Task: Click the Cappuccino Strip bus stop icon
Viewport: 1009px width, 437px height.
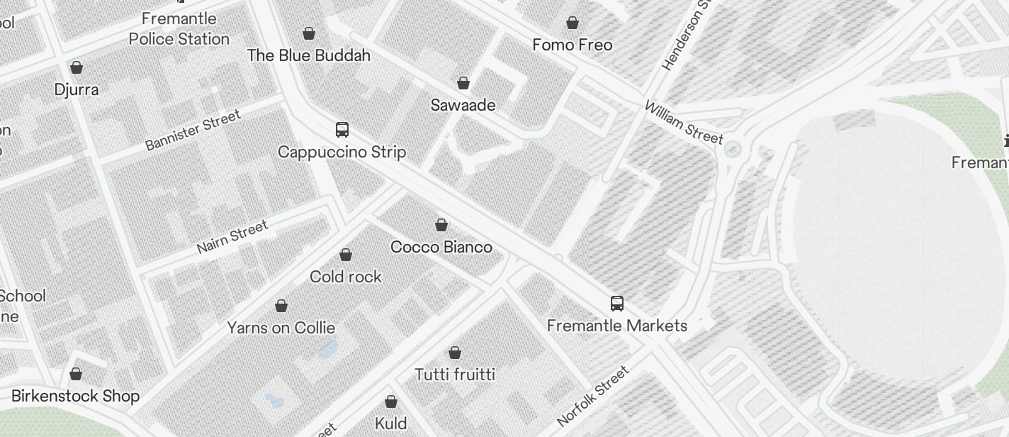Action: click(x=342, y=130)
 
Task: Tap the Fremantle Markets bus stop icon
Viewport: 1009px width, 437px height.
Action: click(x=617, y=304)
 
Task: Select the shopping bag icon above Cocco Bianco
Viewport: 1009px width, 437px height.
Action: click(x=441, y=225)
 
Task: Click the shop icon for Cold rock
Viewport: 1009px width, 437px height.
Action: click(x=346, y=255)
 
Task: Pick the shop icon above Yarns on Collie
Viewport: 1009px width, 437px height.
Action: click(x=281, y=306)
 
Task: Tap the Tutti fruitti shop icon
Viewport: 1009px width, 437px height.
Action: click(x=455, y=353)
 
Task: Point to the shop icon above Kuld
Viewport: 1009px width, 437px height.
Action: click(x=391, y=402)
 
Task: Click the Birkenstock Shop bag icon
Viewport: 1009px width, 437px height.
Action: click(x=76, y=374)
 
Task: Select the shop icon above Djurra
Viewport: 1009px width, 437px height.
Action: click(x=77, y=67)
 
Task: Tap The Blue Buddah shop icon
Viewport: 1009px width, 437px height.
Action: click(x=309, y=33)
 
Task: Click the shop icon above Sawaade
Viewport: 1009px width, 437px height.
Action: click(x=463, y=84)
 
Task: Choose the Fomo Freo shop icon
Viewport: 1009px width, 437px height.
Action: click(x=573, y=23)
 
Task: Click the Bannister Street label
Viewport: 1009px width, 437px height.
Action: click(x=193, y=130)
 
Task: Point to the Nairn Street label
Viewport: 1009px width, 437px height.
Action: click(x=232, y=237)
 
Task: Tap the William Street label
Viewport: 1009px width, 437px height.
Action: click(x=684, y=122)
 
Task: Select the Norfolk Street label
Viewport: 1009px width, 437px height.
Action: click(x=593, y=395)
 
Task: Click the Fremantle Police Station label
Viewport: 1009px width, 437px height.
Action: click(x=179, y=28)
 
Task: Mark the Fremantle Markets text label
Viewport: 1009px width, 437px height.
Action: click(x=617, y=326)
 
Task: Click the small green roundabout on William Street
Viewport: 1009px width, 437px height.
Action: click(x=733, y=149)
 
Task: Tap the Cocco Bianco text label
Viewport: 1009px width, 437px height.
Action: click(x=441, y=247)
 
